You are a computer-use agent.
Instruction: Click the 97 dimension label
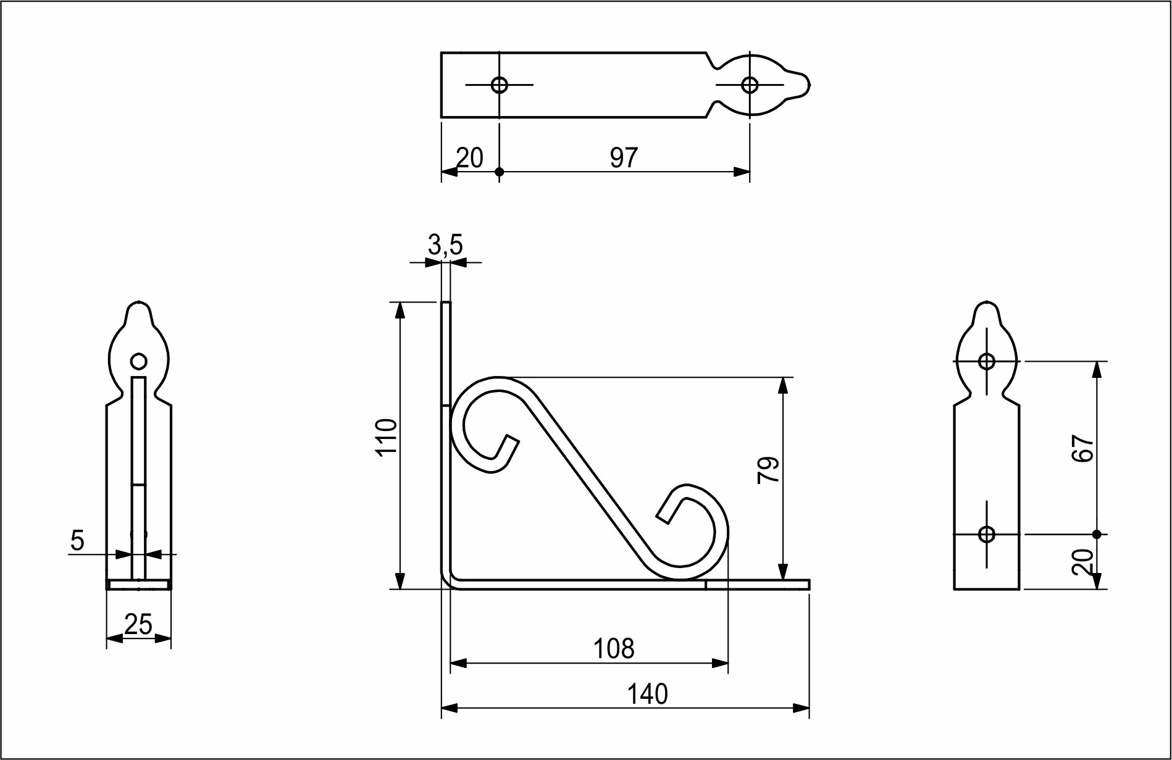pyautogui.click(x=623, y=158)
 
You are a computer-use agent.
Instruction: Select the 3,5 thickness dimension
pyautogui.click(x=445, y=246)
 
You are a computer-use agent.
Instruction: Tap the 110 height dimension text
pyautogui.click(x=387, y=437)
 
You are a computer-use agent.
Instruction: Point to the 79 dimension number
pyautogui.click(x=769, y=470)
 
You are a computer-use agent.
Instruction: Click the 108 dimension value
pyautogui.click(x=614, y=649)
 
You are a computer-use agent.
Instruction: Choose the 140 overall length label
pyautogui.click(x=647, y=695)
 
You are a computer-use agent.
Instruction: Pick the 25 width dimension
pyautogui.click(x=138, y=625)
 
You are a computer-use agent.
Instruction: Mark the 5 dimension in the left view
pyautogui.click(x=77, y=541)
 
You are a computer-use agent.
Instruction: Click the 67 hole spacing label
pyautogui.click(x=1084, y=448)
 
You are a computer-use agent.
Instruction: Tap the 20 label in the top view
pyautogui.click(x=469, y=158)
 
